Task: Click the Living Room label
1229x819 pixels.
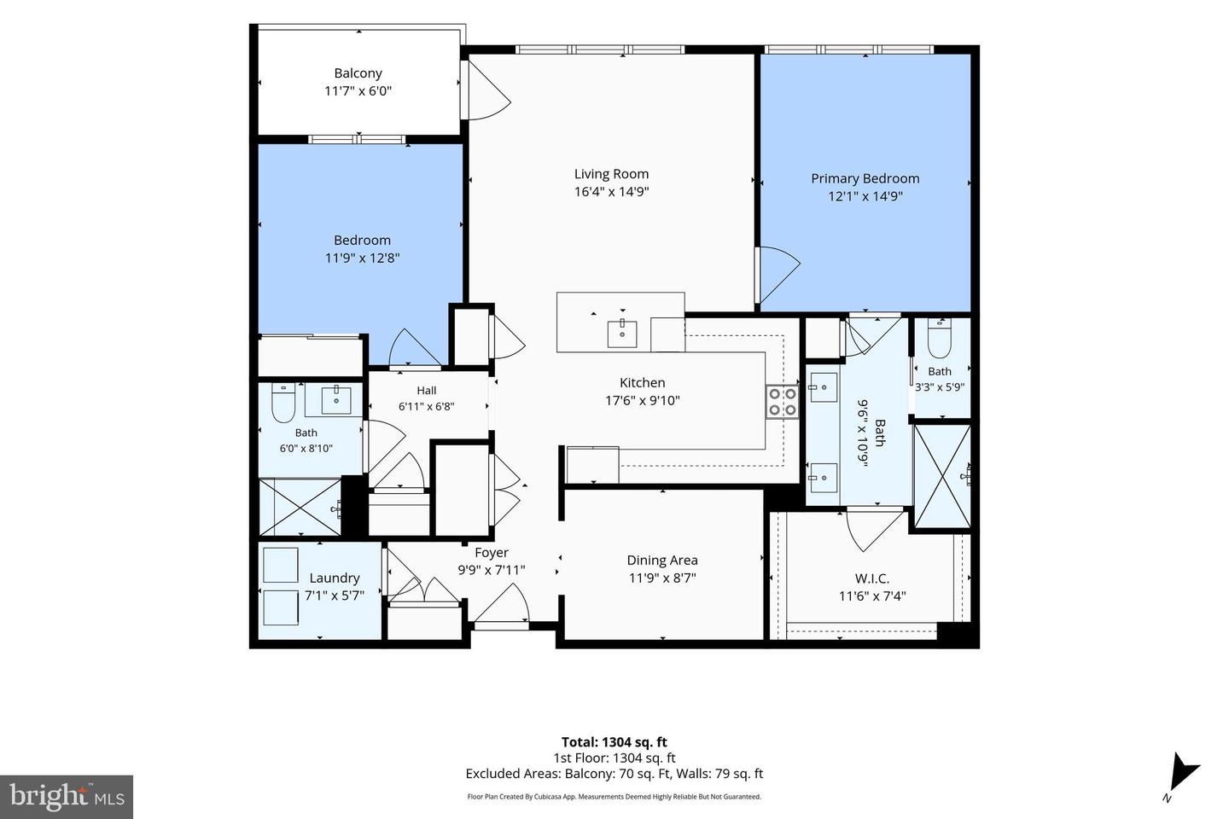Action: click(x=611, y=174)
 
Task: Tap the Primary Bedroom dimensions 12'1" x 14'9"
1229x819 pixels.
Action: click(x=865, y=196)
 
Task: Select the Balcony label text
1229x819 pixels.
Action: click(x=358, y=73)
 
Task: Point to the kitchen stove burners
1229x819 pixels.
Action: click(x=783, y=402)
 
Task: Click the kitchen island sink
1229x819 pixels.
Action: click(x=622, y=334)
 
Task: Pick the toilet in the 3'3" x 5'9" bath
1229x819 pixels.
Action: click(x=940, y=339)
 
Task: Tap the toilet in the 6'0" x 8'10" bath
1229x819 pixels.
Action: click(x=283, y=403)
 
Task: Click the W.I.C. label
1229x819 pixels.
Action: click(x=872, y=578)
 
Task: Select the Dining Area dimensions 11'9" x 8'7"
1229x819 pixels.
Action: click(x=662, y=578)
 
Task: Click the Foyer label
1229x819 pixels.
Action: click(x=492, y=553)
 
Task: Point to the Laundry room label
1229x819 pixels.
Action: click(x=335, y=578)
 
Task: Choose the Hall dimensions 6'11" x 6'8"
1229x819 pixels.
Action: click(x=427, y=406)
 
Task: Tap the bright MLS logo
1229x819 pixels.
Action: click(x=67, y=797)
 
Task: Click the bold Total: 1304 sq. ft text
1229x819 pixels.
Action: click(x=614, y=742)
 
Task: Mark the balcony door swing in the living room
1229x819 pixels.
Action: click(x=488, y=90)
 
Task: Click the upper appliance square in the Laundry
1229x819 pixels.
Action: click(x=280, y=565)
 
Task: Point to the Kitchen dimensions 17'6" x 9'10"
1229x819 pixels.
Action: click(x=642, y=400)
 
